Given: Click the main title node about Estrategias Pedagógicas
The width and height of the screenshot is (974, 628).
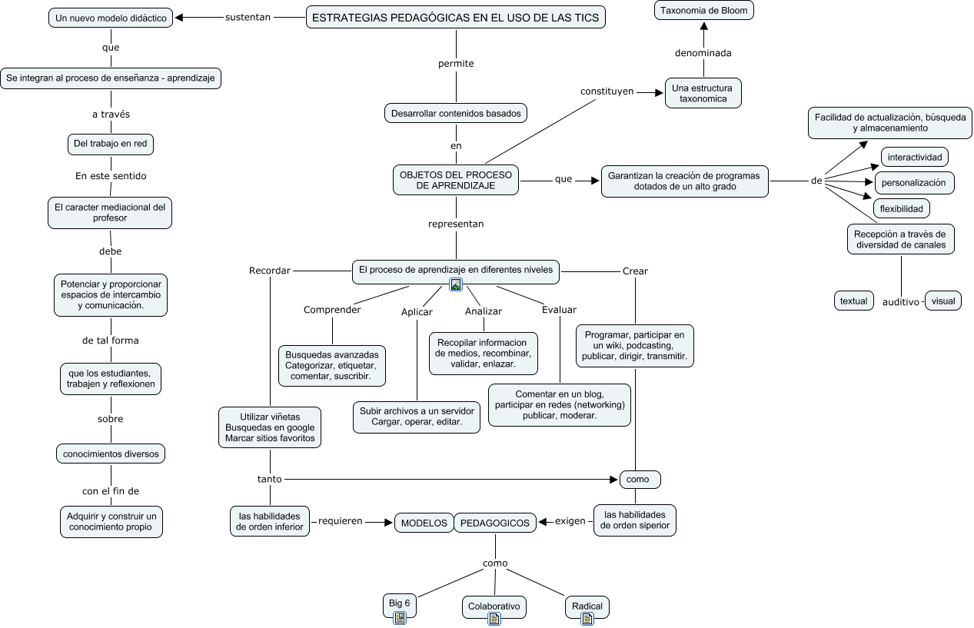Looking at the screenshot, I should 456,18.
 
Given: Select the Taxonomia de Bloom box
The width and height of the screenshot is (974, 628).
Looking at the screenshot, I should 703,11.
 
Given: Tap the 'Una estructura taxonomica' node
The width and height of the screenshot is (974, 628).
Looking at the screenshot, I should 703,93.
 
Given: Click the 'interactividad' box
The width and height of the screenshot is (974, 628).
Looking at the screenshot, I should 914,157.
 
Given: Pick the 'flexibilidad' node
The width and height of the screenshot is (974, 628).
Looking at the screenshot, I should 901,208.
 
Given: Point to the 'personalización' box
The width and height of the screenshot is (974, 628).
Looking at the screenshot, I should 914,183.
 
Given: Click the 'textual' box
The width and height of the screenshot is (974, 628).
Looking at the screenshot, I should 853,301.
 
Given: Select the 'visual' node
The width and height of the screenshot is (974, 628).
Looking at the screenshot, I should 943,301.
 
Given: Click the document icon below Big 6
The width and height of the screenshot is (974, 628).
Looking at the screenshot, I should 400,618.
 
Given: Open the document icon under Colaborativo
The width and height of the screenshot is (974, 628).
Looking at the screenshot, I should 494,619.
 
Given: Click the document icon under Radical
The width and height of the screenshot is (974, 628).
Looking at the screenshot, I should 587,619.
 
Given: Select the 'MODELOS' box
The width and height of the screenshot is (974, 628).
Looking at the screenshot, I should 424,523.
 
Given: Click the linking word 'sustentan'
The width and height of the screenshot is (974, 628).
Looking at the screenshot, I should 248,17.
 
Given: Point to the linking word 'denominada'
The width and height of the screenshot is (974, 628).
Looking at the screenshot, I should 703,53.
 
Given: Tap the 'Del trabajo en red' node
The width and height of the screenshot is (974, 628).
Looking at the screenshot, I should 111,144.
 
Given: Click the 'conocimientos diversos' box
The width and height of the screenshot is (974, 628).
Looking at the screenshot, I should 111,454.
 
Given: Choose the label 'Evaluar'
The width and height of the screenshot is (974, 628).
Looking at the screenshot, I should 559,310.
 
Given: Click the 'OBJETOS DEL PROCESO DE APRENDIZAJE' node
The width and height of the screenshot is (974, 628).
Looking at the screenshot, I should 456,181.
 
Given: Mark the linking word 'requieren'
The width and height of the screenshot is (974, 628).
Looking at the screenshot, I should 340,521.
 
